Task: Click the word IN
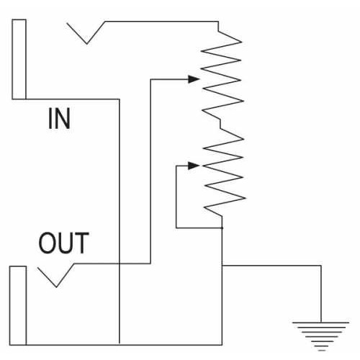point(59,118)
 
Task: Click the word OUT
point(64,243)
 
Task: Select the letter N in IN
point(62,118)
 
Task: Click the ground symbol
point(320,336)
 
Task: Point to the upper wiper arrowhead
point(194,79)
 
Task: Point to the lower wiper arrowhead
point(194,166)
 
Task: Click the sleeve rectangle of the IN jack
point(19,59)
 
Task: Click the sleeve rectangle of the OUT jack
point(18,305)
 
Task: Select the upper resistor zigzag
point(222,74)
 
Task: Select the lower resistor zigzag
point(224,171)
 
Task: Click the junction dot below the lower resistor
point(222,228)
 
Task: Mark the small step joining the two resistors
point(220,123)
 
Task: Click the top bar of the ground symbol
point(320,323)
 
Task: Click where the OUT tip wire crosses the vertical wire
point(120,264)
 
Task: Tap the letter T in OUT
point(81,243)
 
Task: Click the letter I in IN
point(50,118)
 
